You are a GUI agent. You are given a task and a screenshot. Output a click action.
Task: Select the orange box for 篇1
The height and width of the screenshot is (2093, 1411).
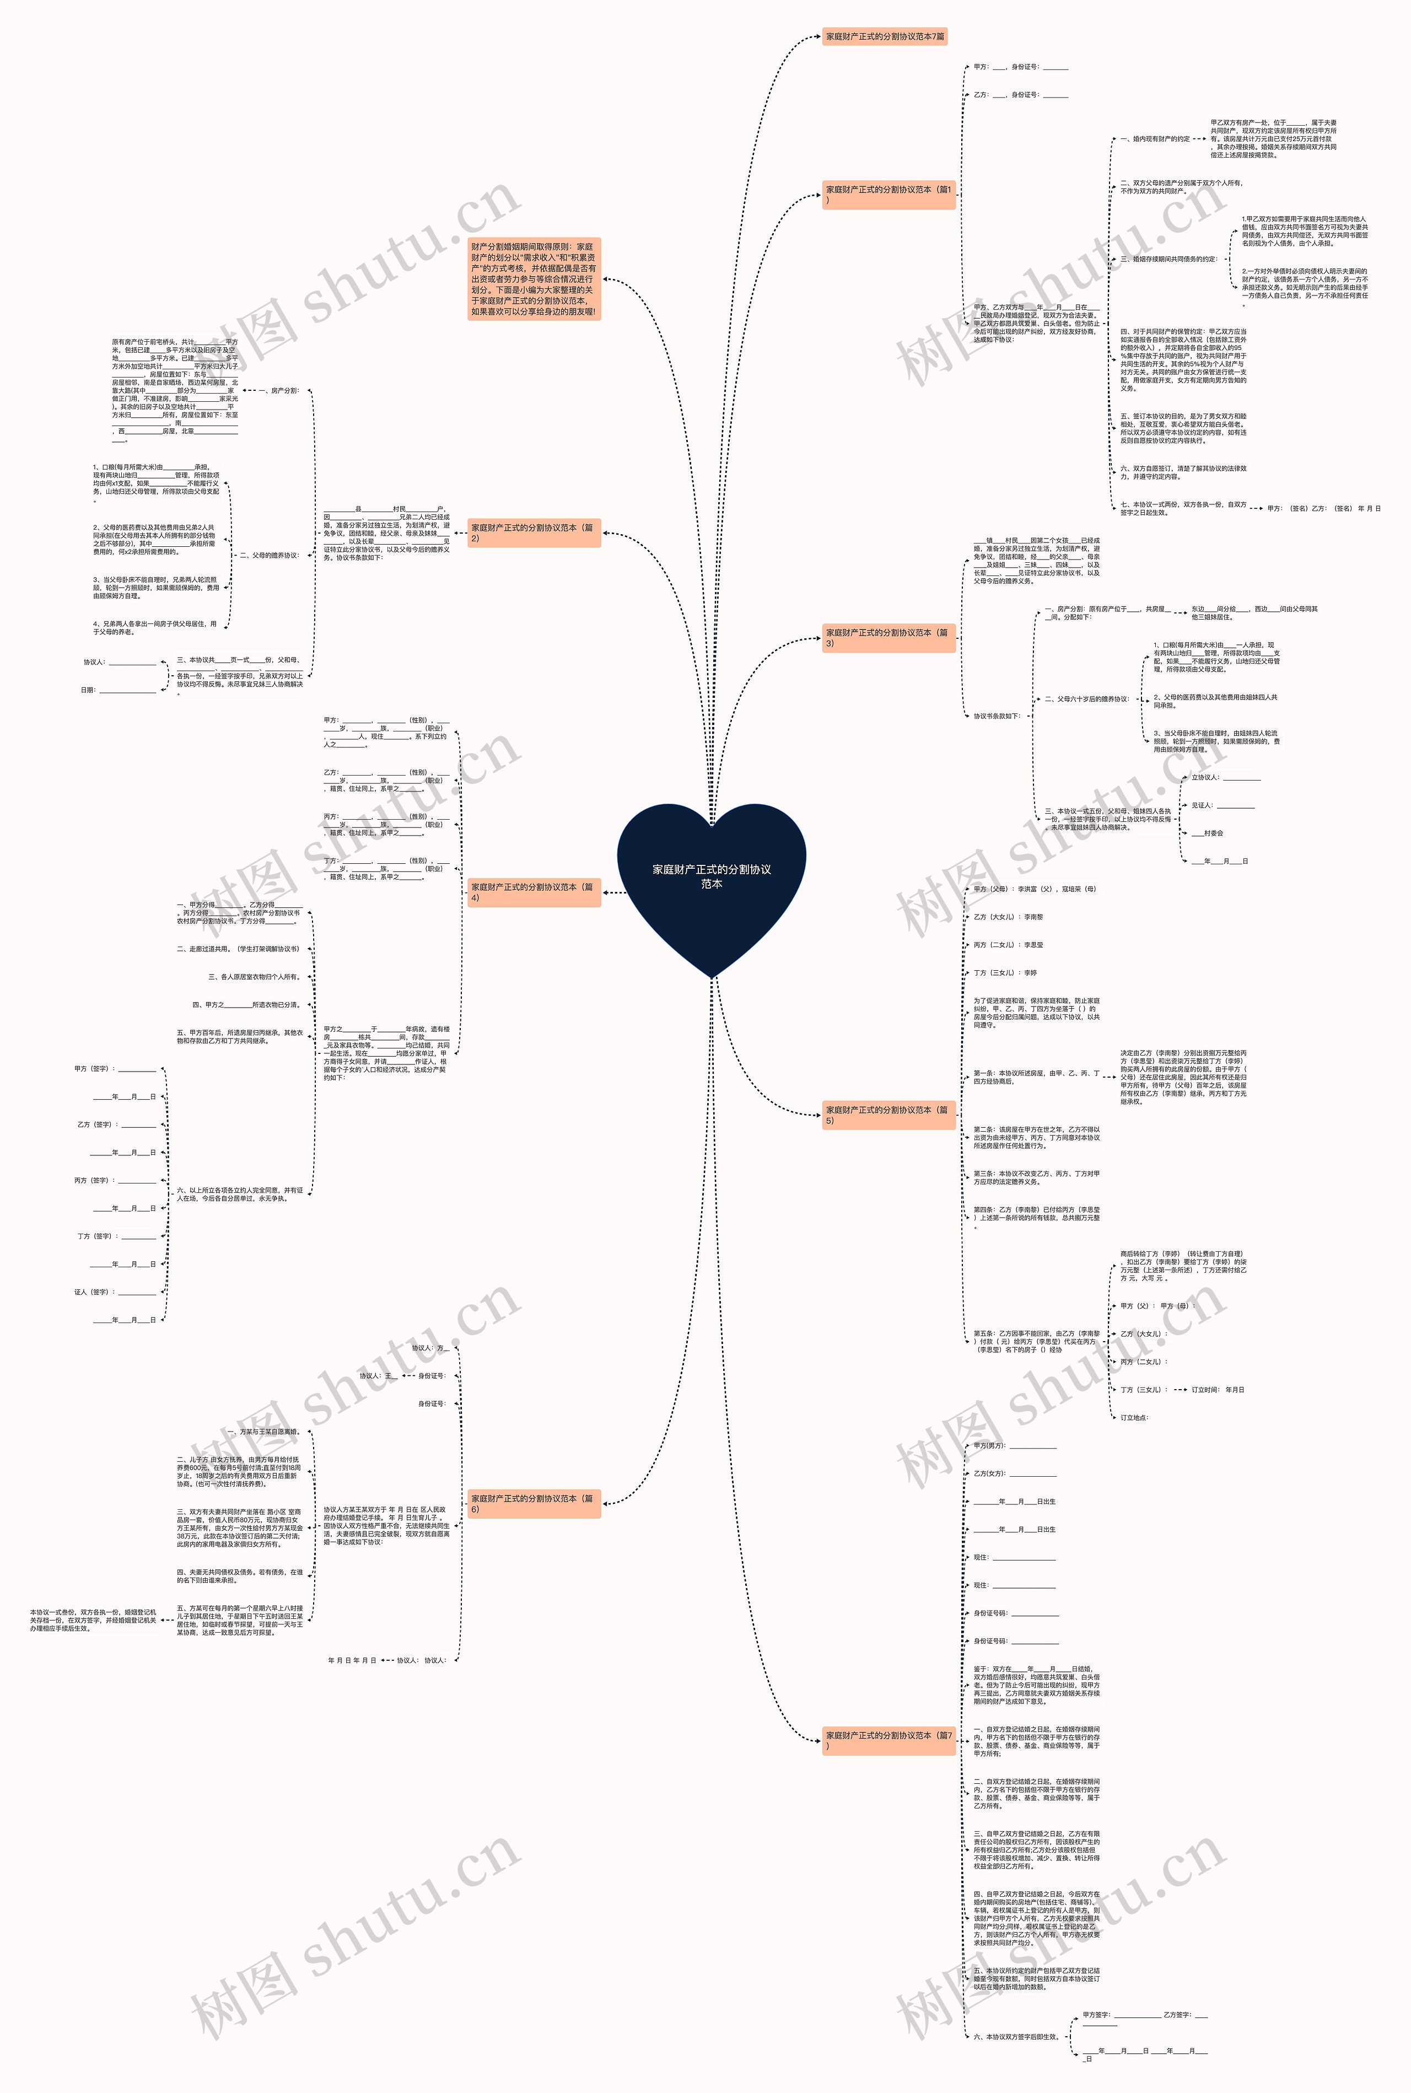pos(888,195)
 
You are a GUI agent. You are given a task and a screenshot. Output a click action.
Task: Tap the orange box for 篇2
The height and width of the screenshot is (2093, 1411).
pos(533,532)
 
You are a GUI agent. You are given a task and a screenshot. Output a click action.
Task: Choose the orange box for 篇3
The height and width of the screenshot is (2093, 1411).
pos(888,638)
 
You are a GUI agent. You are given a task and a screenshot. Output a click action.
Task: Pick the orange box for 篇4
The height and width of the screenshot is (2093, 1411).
pos(533,892)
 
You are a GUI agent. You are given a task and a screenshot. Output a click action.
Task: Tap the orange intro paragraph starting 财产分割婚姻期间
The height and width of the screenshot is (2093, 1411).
pos(534,279)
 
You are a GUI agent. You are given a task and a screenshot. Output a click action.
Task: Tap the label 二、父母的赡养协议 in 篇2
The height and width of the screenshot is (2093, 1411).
pos(269,555)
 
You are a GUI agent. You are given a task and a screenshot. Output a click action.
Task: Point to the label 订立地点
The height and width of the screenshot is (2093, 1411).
pos(1134,1417)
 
